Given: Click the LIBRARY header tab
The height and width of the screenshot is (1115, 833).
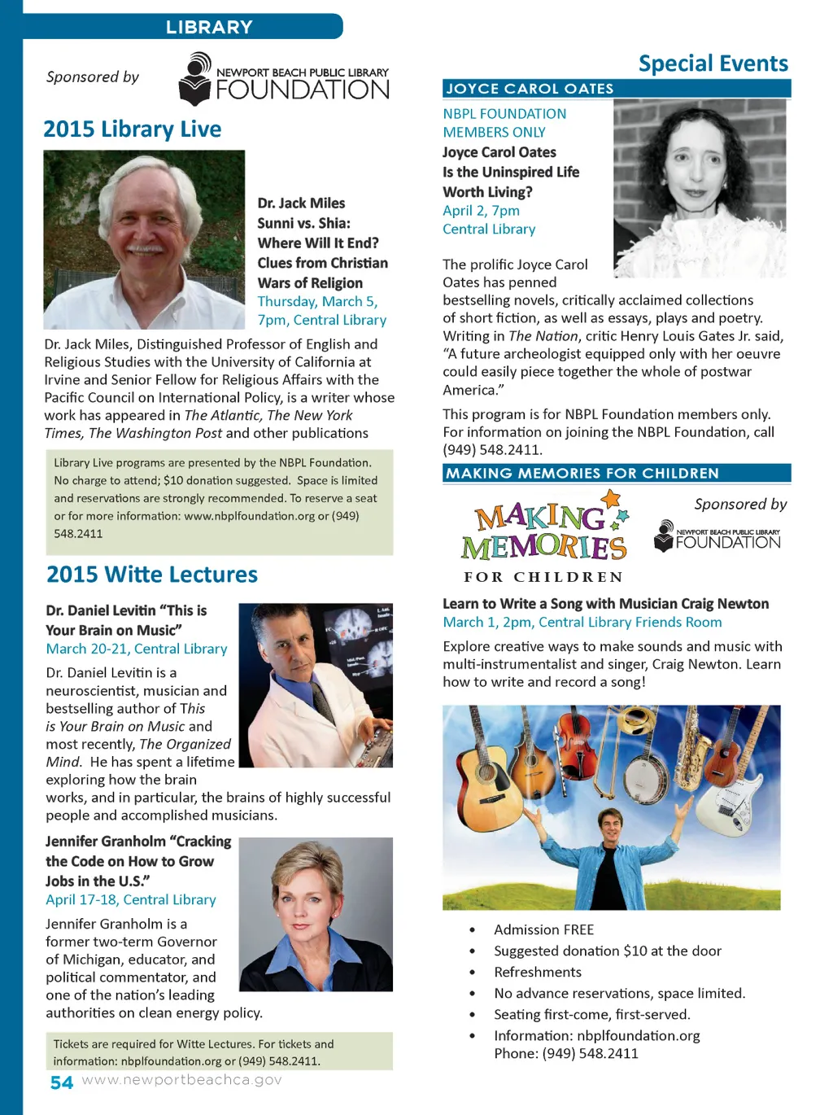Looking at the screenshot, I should (x=209, y=27).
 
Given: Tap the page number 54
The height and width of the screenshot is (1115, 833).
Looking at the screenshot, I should (x=62, y=1082).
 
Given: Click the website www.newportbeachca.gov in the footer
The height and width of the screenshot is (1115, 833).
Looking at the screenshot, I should (x=181, y=1080).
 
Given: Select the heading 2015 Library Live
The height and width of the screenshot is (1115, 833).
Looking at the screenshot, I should (x=133, y=129).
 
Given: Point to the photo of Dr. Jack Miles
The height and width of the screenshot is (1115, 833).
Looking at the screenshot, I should (x=144, y=239).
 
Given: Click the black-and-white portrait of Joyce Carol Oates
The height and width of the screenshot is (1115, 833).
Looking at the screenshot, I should (x=700, y=188).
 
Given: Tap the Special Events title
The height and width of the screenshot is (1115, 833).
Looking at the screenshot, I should (x=713, y=63).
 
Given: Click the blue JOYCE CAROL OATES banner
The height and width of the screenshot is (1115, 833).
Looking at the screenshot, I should (x=617, y=89).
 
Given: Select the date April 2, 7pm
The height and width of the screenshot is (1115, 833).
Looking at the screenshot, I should (x=481, y=211).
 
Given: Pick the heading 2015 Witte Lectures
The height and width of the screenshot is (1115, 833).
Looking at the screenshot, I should (x=152, y=575).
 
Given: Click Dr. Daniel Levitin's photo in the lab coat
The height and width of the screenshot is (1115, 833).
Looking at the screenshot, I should (x=316, y=685).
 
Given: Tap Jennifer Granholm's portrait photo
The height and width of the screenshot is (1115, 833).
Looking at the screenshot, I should (x=316, y=914).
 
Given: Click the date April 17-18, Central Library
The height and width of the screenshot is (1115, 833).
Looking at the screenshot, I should (x=131, y=900).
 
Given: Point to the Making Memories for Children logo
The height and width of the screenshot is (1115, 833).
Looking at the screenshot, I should (x=544, y=537).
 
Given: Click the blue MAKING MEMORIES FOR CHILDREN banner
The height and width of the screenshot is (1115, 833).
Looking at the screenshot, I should (x=617, y=474).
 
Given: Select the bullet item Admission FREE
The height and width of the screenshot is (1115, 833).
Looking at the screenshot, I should (x=543, y=929).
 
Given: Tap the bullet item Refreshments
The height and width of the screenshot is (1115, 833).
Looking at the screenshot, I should (x=538, y=972).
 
